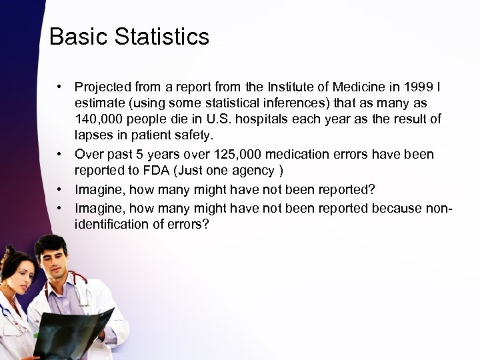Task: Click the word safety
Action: point(193,136)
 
